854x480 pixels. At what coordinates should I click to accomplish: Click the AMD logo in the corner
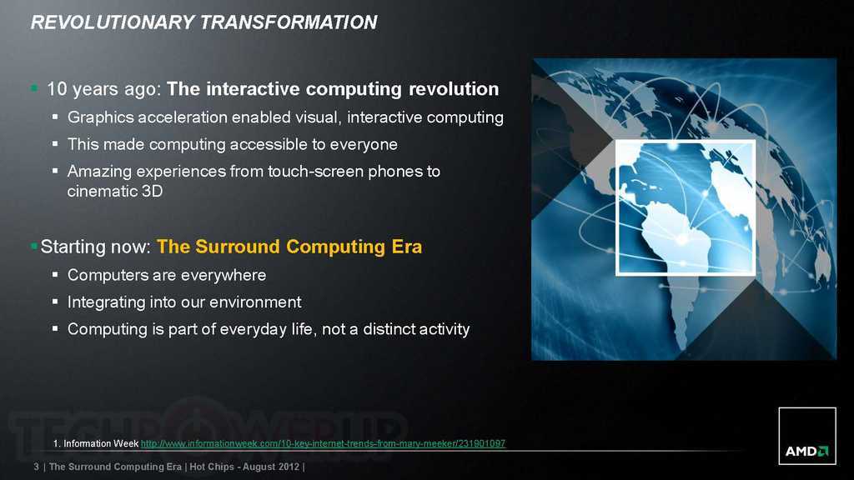807,436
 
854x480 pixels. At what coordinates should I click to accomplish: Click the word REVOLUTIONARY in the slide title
113,22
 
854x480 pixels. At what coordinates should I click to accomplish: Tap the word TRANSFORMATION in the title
289,22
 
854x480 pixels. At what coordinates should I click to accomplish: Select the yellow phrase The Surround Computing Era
289,247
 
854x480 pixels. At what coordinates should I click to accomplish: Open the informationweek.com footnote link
323,443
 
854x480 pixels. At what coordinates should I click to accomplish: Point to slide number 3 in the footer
37,467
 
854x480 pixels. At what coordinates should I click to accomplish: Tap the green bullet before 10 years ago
34,87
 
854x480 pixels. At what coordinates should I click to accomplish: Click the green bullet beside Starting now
34,247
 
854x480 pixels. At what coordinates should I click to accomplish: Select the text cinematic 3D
115,191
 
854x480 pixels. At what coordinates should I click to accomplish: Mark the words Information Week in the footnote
101,443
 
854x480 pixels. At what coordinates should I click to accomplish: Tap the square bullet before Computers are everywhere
55,275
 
